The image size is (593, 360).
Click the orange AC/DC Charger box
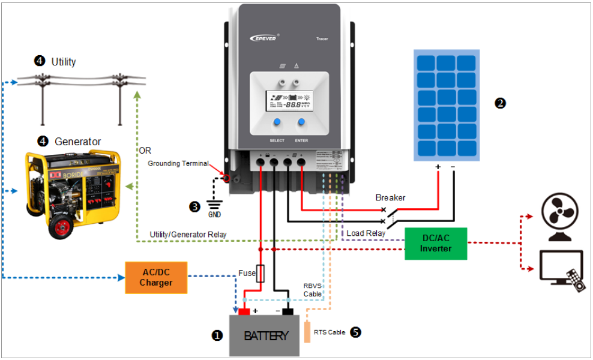click(x=155, y=277)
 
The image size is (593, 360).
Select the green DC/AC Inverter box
click(x=436, y=244)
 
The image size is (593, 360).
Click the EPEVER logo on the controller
click(x=265, y=38)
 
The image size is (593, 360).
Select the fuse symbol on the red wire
click(x=260, y=274)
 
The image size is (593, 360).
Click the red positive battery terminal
click(x=244, y=311)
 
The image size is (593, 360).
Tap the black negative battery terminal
click(x=287, y=311)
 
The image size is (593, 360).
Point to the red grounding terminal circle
click(x=226, y=178)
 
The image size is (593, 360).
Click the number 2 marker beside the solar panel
click(x=500, y=103)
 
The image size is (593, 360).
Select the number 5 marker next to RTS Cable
click(x=355, y=331)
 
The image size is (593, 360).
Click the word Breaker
click(x=390, y=197)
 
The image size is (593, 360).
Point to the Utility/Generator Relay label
click(x=188, y=234)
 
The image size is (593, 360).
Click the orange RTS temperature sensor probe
click(x=307, y=332)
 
